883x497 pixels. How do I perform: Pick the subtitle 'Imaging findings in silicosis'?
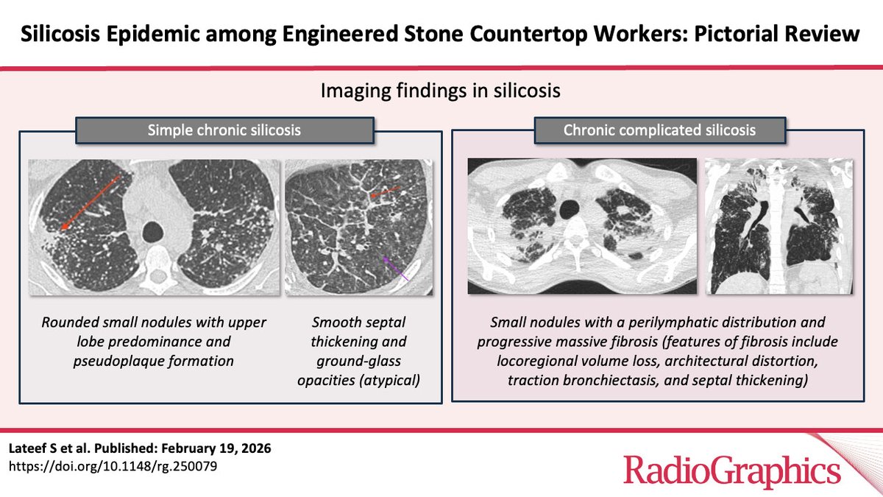(441, 91)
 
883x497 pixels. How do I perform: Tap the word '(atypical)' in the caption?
(391, 378)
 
